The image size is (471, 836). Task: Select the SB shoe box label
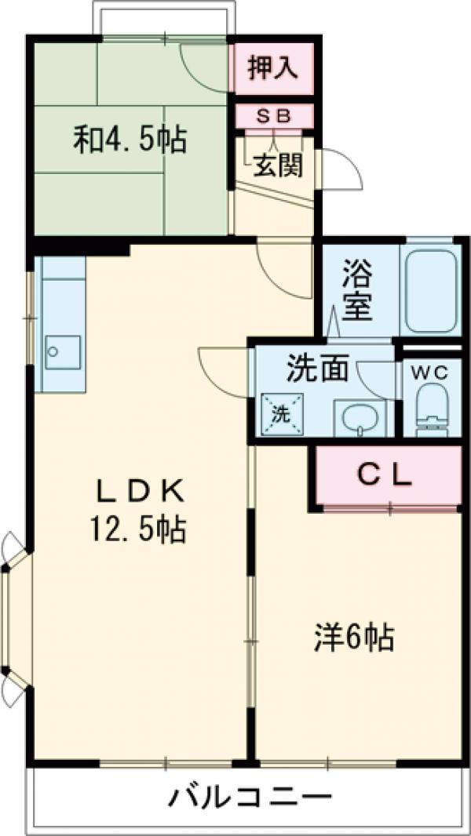point(275,115)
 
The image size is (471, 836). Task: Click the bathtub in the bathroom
point(429,289)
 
